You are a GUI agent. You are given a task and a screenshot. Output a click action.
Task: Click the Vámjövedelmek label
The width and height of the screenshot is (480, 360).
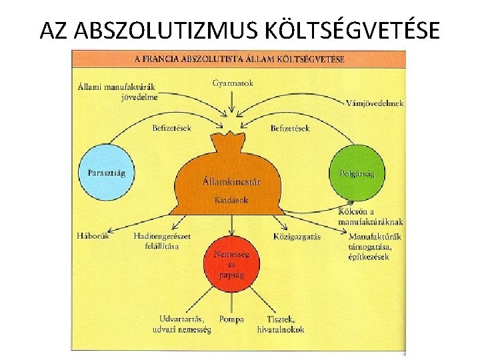(x=375, y=103)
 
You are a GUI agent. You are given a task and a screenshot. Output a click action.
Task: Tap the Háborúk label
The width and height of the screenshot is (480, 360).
(x=93, y=235)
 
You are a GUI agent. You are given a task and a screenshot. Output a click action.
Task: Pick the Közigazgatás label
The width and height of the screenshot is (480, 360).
(x=297, y=235)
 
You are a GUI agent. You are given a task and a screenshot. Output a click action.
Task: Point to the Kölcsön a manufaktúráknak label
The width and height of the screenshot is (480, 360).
(x=370, y=217)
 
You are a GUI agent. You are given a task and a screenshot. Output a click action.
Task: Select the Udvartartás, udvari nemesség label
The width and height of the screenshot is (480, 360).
(x=185, y=324)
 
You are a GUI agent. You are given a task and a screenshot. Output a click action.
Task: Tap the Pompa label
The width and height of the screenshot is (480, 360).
(x=231, y=319)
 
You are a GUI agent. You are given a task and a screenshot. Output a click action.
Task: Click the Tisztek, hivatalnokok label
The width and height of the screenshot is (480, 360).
(x=281, y=324)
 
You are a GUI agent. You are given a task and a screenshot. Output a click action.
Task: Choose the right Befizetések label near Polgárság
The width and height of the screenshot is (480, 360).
(x=290, y=127)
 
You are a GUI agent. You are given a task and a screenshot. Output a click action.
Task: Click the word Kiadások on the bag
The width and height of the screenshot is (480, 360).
(x=231, y=199)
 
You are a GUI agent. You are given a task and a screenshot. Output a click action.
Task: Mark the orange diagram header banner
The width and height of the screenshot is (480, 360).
(x=238, y=59)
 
